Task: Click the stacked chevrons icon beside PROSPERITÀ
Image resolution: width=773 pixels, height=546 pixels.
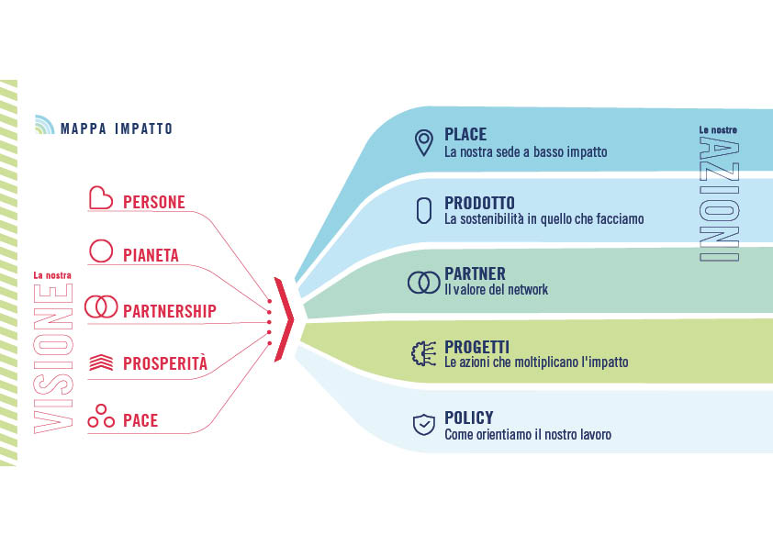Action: click(x=101, y=362)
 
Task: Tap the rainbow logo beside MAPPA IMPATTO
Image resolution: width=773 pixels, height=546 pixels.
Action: click(x=44, y=125)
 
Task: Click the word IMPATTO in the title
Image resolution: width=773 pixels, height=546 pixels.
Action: click(x=143, y=128)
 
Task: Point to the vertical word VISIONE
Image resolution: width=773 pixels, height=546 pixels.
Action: click(x=53, y=359)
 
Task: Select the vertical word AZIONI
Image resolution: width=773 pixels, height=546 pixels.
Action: click(x=719, y=198)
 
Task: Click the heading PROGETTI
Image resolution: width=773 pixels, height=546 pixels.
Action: click(x=476, y=347)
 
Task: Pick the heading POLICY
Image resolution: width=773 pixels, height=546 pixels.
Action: click(x=469, y=418)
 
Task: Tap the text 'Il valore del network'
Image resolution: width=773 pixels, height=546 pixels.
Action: click(x=496, y=289)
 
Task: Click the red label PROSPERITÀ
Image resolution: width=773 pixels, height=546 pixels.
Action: click(x=165, y=363)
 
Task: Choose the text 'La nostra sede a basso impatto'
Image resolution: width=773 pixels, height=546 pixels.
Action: click(x=525, y=151)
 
